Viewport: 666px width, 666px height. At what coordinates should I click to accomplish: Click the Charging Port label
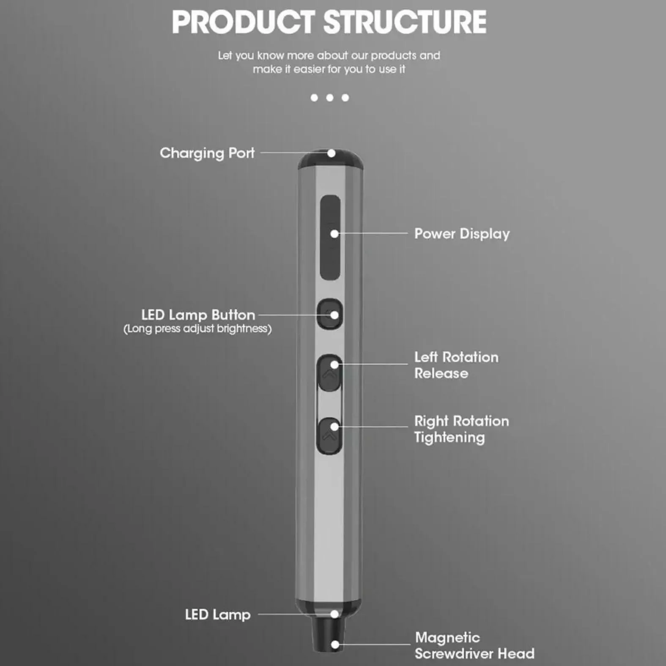click(207, 153)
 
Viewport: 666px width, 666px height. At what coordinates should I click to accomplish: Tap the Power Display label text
click(462, 234)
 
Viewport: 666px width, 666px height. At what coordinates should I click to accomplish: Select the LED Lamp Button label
click(198, 315)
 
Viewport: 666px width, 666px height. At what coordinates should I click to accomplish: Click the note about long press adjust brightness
click(197, 329)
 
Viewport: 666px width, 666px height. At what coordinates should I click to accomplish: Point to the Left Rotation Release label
click(456, 365)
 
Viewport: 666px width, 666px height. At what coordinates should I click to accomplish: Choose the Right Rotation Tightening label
click(461, 429)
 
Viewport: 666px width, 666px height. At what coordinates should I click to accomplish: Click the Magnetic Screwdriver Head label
click(474, 645)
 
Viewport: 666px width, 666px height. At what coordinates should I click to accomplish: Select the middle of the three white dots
click(330, 98)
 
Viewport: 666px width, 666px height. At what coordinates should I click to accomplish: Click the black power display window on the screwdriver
click(330, 237)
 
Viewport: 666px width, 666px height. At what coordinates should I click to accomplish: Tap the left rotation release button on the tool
click(329, 373)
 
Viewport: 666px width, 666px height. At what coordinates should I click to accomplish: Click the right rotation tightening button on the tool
click(329, 436)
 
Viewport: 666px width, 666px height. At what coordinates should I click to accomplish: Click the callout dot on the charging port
click(332, 153)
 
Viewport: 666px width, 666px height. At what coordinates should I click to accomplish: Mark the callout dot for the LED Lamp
click(334, 614)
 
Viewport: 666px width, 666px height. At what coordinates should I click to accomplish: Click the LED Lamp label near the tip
click(218, 615)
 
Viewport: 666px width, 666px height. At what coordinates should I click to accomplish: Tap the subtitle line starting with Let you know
click(329, 55)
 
